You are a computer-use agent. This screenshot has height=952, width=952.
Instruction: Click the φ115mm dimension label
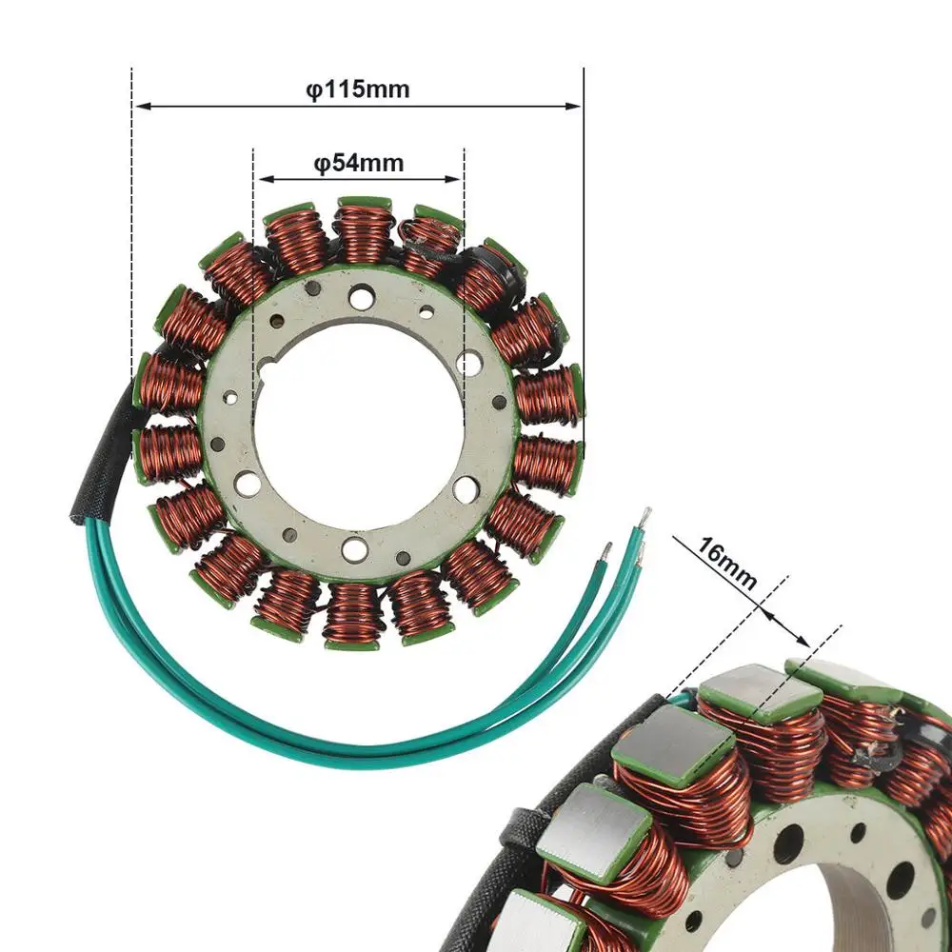[x=358, y=89]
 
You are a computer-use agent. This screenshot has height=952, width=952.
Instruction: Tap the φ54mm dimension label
[x=358, y=164]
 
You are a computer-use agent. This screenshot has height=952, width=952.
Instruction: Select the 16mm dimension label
[x=726, y=564]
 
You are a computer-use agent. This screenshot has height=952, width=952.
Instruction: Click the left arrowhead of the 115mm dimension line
[x=143, y=107]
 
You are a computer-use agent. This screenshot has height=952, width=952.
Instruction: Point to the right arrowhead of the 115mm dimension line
[x=573, y=107]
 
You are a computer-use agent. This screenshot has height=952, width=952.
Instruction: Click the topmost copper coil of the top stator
[x=364, y=231]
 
